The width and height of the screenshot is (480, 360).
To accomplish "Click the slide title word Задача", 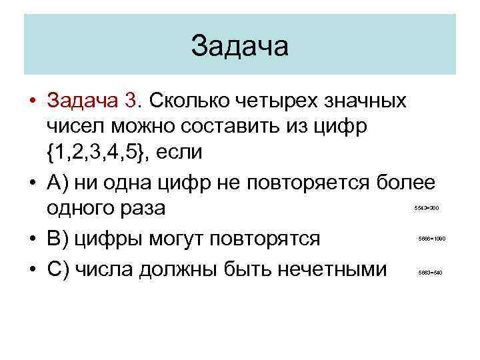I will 239,47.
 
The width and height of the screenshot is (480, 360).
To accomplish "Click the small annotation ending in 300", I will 426,208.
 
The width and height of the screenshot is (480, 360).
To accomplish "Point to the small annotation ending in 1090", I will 431,239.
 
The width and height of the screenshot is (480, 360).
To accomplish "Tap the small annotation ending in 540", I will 430,273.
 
